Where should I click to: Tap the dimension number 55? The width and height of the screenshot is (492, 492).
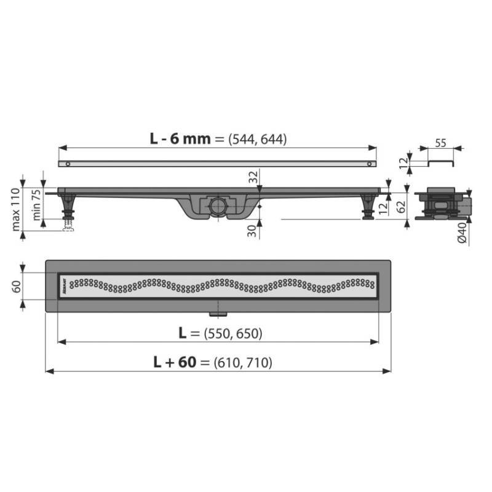click(x=440, y=142)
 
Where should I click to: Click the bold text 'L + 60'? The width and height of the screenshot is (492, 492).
click(x=174, y=362)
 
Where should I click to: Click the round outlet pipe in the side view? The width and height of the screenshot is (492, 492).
click(x=217, y=205)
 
